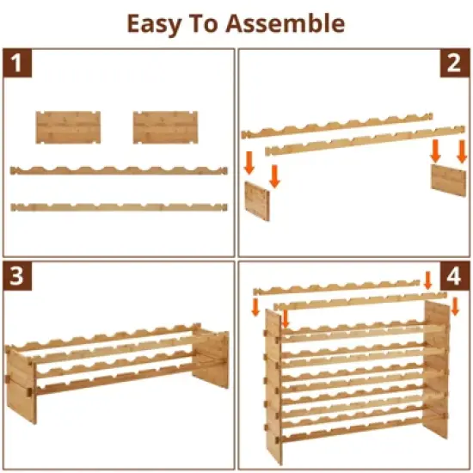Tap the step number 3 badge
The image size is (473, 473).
tap(17, 277)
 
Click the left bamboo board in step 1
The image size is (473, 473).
tap(63, 126)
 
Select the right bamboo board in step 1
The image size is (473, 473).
tap(160, 126)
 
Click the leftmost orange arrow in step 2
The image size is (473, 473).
tap(250, 162)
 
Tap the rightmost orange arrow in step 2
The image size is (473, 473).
tap(461, 152)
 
